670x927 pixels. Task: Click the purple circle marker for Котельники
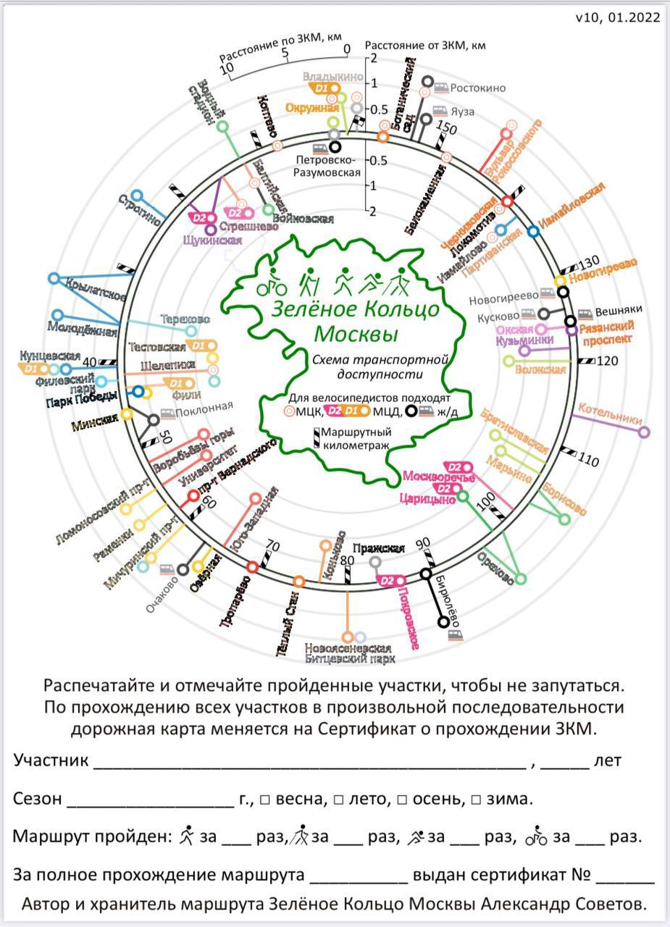[x=644, y=432]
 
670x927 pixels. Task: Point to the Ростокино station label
[x=477, y=88]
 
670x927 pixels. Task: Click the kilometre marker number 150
[x=448, y=128]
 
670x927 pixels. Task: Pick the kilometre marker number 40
[x=90, y=362]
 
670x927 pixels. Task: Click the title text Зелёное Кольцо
[x=356, y=309]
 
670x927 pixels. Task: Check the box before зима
[x=476, y=800]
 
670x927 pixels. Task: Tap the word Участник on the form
[x=51, y=760]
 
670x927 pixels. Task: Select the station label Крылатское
[x=94, y=288]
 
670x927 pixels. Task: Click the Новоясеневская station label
[x=348, y=648]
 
